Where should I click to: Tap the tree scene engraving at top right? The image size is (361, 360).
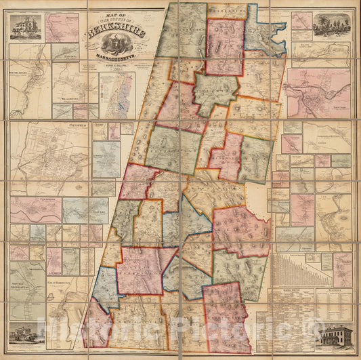pos(332,24)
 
